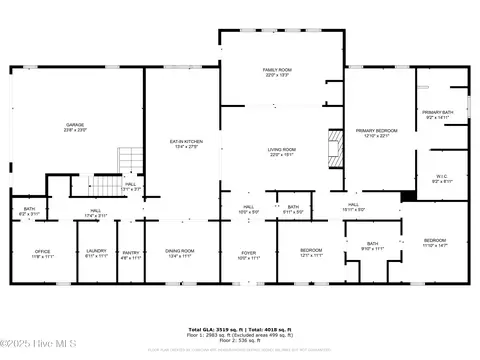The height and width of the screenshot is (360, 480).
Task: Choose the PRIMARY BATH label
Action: (x=438, y=114)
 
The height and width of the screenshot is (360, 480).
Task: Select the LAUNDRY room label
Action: (x=96, y=253)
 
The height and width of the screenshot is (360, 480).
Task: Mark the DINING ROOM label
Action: (x=180, y=253)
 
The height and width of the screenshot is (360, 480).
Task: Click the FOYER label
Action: (x=248, y=254)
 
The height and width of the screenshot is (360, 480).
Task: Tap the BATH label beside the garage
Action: (x=29, y=211)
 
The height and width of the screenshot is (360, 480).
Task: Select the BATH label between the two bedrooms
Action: (x=372, y=246)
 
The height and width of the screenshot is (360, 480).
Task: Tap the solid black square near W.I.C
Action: (x=408, y=196)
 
